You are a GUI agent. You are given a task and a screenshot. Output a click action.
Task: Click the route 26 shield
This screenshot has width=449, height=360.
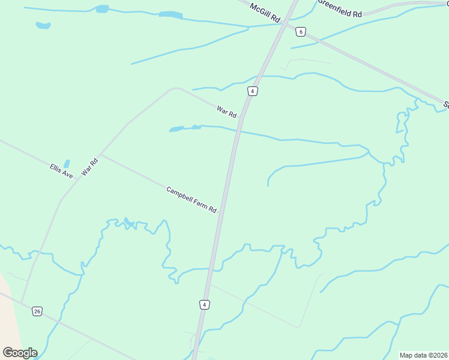(37, 311)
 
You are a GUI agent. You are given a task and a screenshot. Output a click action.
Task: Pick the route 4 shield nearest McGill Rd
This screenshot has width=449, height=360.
(253, 91)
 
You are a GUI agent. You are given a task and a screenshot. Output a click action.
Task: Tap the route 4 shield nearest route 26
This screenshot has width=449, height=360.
(205, 305)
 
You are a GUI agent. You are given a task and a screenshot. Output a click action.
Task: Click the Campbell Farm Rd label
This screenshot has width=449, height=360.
(191, 199)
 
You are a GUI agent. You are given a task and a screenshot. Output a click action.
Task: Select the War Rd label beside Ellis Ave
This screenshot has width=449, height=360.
(89, 166)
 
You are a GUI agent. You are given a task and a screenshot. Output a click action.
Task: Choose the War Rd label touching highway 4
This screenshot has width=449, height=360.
(227, 111)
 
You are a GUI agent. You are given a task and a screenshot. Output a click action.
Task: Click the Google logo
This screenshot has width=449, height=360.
(20, 353)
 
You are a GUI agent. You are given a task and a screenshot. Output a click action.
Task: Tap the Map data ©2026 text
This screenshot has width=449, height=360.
(423, 355)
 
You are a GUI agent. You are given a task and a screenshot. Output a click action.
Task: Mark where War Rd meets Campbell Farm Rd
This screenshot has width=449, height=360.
(101, 154)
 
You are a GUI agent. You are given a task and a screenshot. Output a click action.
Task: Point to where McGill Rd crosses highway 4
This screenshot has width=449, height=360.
(286, 25)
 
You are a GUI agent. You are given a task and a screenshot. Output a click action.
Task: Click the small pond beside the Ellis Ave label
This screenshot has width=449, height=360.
(67, 163)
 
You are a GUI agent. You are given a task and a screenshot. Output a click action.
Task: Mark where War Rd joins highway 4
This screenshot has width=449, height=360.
(240, 120)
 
